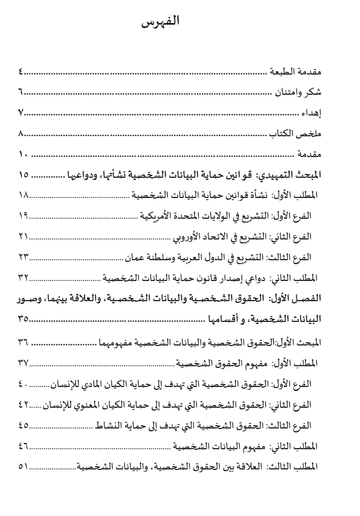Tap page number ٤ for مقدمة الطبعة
click(x=21, y=73)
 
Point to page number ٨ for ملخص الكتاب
click(x=21, y=133)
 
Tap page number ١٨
click(x=24, y=195)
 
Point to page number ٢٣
click(x=24, y=256)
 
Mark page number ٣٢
click(x=24, y=277)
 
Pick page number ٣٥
click(x=24, y=319)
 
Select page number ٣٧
click(x=24, y=362)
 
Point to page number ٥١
click(x=24, y=466)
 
